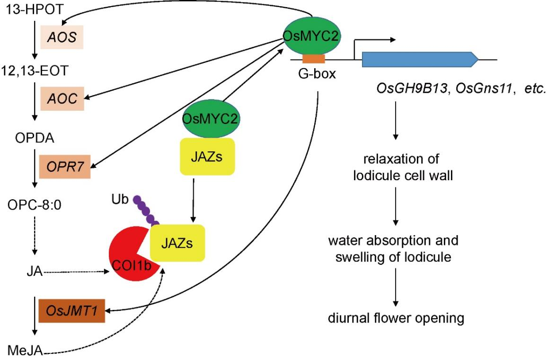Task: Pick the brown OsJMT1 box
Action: tap(71, 310)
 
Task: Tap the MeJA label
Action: tap(26, 350)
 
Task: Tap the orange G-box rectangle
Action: tap(314, 59)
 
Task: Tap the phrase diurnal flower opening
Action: tap(396, 318)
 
